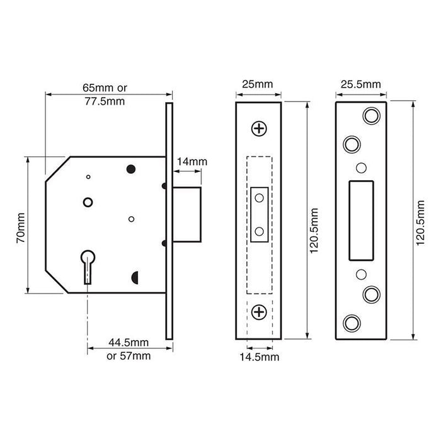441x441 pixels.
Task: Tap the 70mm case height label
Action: tap(21, 225)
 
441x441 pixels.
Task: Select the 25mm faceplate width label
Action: tap(258, 84)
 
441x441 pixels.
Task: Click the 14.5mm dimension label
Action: tap(261, 357)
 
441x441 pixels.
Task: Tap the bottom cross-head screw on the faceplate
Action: tap(259, 311)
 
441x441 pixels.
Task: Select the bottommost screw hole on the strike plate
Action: tap(350, 323)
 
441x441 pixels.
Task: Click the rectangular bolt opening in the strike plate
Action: tap(360, 219)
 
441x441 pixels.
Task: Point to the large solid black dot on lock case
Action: tap(132, 168)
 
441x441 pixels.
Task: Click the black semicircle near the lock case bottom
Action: tap(135, 277)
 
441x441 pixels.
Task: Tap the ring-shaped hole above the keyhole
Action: tap(87, 202)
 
